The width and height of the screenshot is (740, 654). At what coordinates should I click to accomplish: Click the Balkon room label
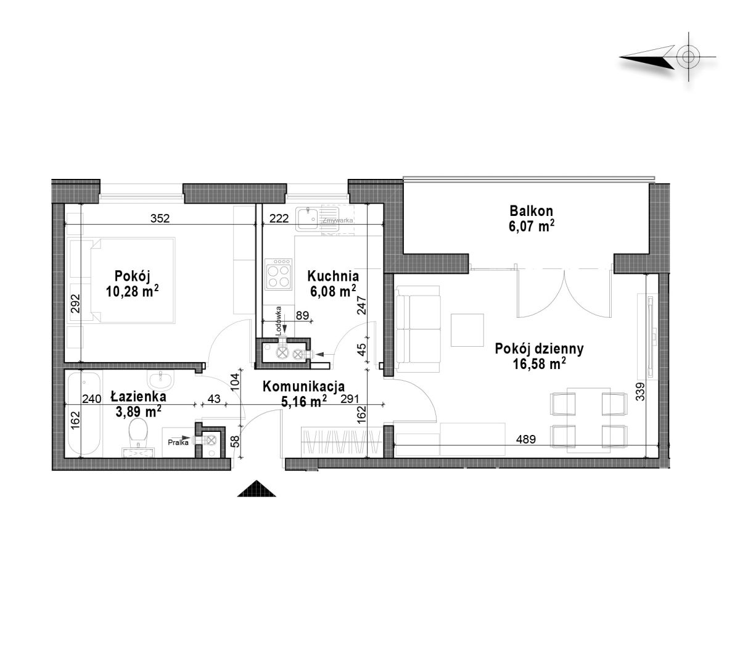coord(531,211)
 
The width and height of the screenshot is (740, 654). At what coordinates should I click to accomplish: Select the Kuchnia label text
coord(333,276)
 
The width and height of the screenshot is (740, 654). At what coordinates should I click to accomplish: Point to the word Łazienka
coord(138,396)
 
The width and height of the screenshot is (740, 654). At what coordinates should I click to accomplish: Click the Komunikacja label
coord(303,386)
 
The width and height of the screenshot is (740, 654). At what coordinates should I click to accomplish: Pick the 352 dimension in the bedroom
coord(160,218)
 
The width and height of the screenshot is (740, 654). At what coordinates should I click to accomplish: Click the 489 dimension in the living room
coord(525,439)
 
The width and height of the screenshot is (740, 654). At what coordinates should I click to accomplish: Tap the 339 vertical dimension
coord(640,392)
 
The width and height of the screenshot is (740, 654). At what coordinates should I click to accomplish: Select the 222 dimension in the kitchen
coord(279,218)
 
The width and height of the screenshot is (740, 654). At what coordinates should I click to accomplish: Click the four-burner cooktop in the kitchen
coord(278,274)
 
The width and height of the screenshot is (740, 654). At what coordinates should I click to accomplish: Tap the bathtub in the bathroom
coord(84,413)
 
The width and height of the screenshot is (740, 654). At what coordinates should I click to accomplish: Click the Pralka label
coord(178,442)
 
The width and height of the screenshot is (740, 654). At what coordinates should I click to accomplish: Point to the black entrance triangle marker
coord(257,489)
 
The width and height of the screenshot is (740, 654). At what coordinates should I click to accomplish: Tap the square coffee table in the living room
coord(467,329)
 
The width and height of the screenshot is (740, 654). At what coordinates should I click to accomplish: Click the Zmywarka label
coord(338,220)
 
